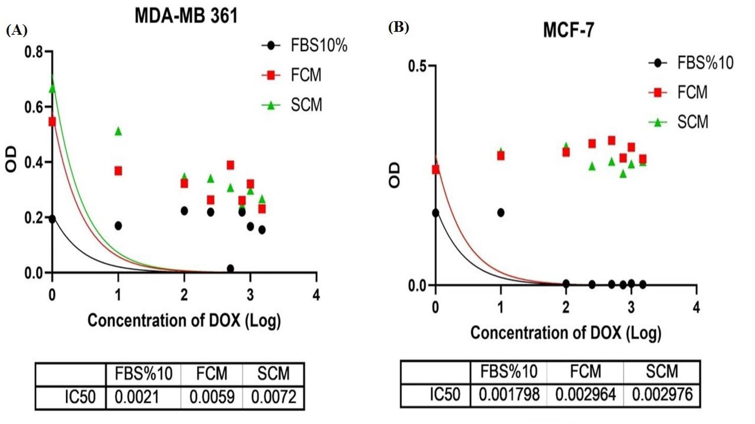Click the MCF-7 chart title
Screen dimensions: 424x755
tap(569, 30)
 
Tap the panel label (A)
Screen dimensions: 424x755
tap(16, 30)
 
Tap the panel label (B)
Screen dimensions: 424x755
tap(399, 28)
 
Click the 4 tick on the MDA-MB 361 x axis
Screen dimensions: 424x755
tap(316, 295)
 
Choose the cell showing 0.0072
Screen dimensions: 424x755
tap(274, 397)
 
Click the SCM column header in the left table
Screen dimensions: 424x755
tap(273, 374)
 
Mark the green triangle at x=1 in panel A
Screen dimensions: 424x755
tap(118, 132)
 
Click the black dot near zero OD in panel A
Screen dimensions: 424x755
tap(230, 268)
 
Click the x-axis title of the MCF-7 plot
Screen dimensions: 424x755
tap(566, 334)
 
